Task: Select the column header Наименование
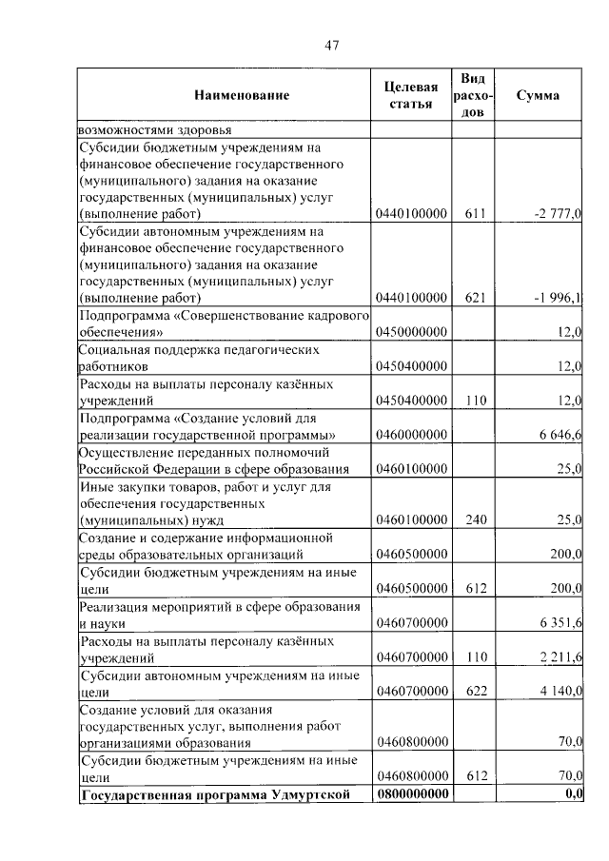tap(242, 95)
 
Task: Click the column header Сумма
tap(538, 95)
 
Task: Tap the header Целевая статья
tap(411, 95)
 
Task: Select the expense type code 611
tap(476, 213)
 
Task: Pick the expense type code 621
tap(476, 298)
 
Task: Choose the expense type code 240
tap(476, 519)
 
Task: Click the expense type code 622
tap(476, 691)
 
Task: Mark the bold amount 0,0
tap(573, 794)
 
